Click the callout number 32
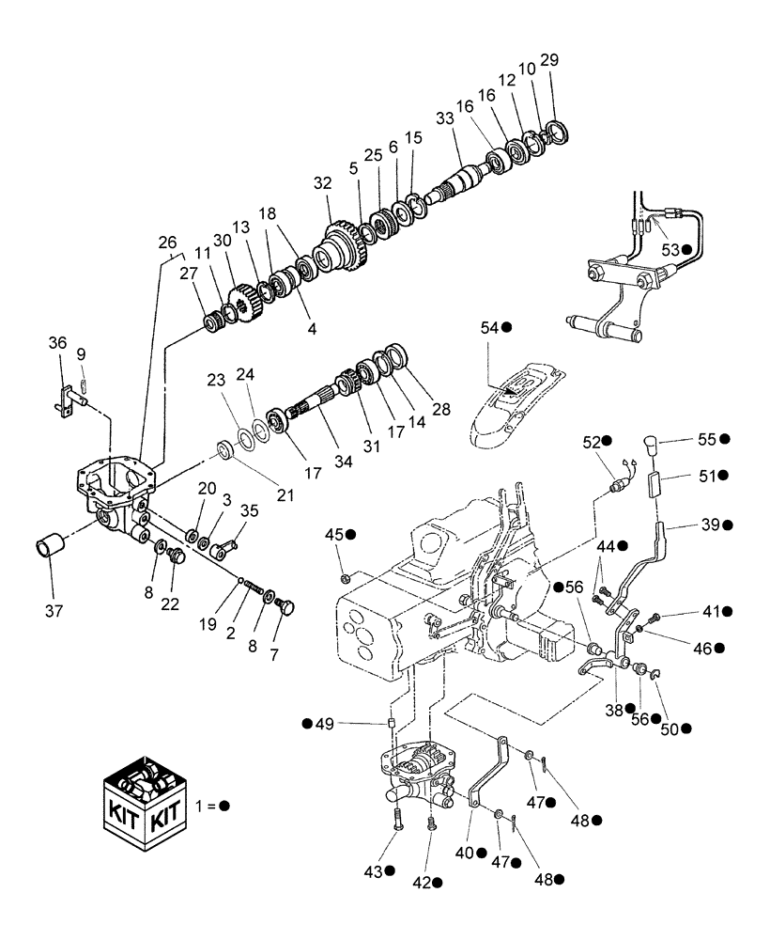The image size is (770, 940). [323, 182]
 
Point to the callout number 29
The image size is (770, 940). [549, 60]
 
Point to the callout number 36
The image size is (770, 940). [58, 345]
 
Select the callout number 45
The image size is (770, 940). [334, 534]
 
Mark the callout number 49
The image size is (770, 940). [323, 723]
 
